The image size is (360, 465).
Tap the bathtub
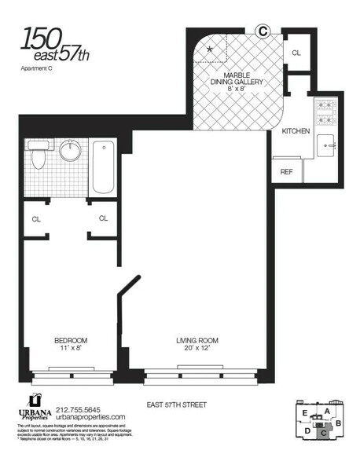tap(103, 167)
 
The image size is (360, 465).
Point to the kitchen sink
tap(327, 146)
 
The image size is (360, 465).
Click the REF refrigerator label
tap(287, 172)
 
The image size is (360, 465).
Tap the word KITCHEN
tap(296, 131)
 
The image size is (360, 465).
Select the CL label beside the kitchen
tap(296, 53)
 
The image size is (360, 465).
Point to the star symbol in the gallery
tap(209, 49)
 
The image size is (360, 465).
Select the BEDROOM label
tap(70, 340)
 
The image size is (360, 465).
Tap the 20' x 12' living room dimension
tap(197, 348)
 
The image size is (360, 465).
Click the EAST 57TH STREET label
tap(176, 405)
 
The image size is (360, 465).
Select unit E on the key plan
tap(303, 412)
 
